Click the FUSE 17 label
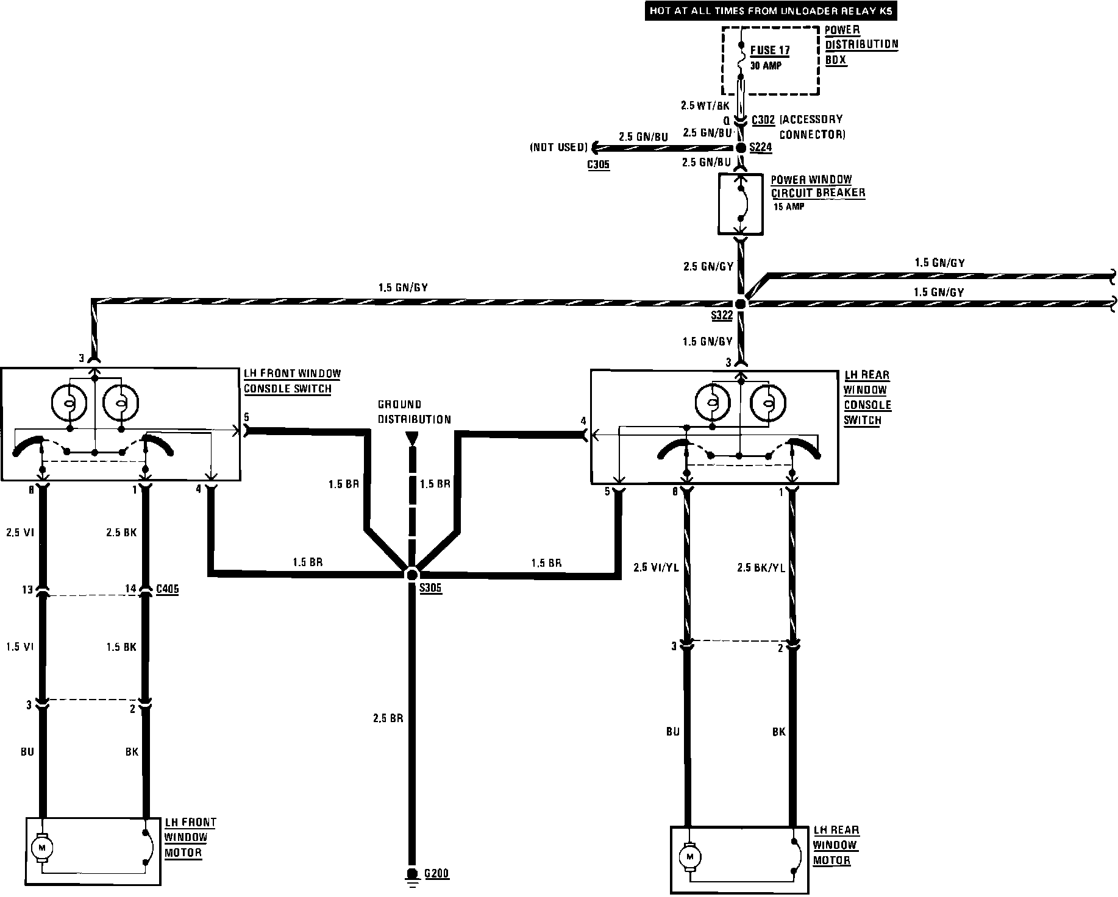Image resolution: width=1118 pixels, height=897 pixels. tap(771, 51)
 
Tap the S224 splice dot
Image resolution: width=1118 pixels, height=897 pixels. tap(741, 148)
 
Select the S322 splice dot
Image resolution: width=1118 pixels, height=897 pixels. tap(741, 303)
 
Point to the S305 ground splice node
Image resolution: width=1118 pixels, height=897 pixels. tap(412, 574)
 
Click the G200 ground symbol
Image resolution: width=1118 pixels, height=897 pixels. tap(412, 875)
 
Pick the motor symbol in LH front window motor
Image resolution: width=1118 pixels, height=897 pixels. tap(42, 848)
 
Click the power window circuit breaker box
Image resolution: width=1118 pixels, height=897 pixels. tap(741, 204)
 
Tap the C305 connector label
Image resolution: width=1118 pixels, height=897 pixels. tap(598, 165)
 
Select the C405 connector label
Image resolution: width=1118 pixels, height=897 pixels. tap(167, 589)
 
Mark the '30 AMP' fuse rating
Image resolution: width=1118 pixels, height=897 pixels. tap(765, 66)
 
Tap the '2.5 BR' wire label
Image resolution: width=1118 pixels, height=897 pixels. tap(388, 718)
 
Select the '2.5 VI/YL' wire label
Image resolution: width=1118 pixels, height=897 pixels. tap(657, 567)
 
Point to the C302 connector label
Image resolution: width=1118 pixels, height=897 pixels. tap(763, 119)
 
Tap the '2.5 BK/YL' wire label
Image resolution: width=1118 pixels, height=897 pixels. tap(761, 567)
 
